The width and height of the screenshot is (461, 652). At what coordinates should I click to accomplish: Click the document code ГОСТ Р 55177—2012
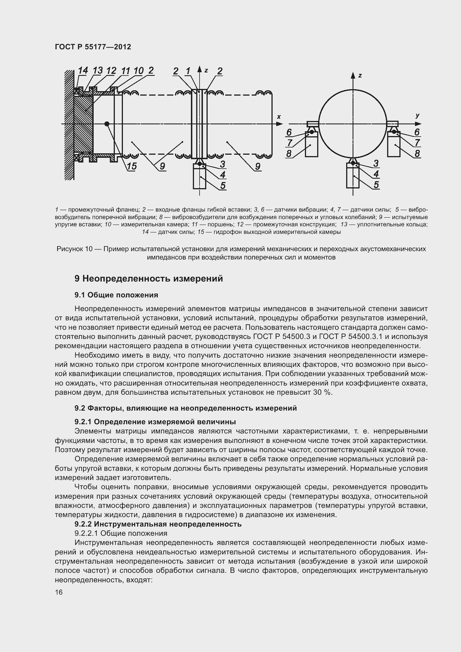[x=93, y=47]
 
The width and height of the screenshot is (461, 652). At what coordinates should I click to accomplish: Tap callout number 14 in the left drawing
[x=83, y=71]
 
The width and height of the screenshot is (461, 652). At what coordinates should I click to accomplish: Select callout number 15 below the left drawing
[x=132, y=166]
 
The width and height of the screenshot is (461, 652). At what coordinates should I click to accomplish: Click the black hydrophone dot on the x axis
[x=107, y=124]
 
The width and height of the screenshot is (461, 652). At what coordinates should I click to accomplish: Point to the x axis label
[x=279, y=117]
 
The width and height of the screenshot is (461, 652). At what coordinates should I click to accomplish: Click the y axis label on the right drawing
[x=417, y=116]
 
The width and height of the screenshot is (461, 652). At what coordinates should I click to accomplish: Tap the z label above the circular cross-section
[x=360, y=76]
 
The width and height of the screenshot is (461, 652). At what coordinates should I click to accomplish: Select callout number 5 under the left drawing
[x=223, y=185]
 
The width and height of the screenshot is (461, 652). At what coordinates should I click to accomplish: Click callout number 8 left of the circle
[x=289, y=153]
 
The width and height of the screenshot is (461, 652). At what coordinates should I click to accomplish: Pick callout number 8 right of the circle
[x=417, y=153]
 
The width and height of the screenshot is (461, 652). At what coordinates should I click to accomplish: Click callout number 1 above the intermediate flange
[x=188, y=71]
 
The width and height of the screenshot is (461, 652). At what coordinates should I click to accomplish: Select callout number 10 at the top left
[x=138, y=71]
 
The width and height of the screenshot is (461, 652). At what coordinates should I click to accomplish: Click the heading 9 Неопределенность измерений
[x=149, y=278]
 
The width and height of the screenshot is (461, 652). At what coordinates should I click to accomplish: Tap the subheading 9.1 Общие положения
[x=116, y=295]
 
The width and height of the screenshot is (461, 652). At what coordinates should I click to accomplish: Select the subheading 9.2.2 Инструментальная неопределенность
[x=158, y=524]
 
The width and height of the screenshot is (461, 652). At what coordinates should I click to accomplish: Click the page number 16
[x=59, y=592]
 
